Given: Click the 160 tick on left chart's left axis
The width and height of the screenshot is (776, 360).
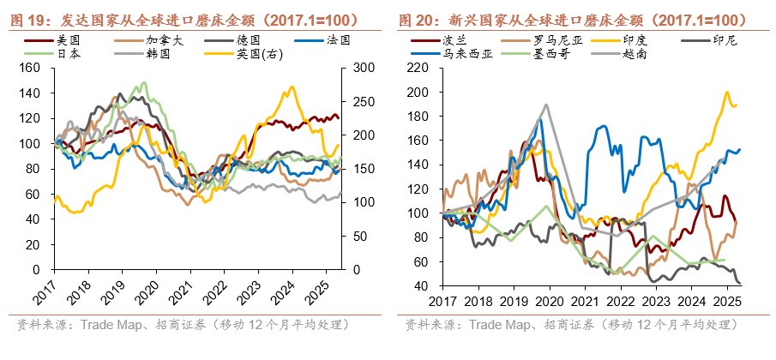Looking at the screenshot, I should [x=32, y=68].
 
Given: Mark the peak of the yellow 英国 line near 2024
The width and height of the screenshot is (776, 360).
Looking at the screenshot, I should [x=292, y=87].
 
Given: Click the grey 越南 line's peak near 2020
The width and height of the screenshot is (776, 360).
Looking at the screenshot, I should [x=545, y=105].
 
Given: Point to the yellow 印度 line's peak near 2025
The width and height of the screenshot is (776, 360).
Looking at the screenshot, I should [x=727, y=93].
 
